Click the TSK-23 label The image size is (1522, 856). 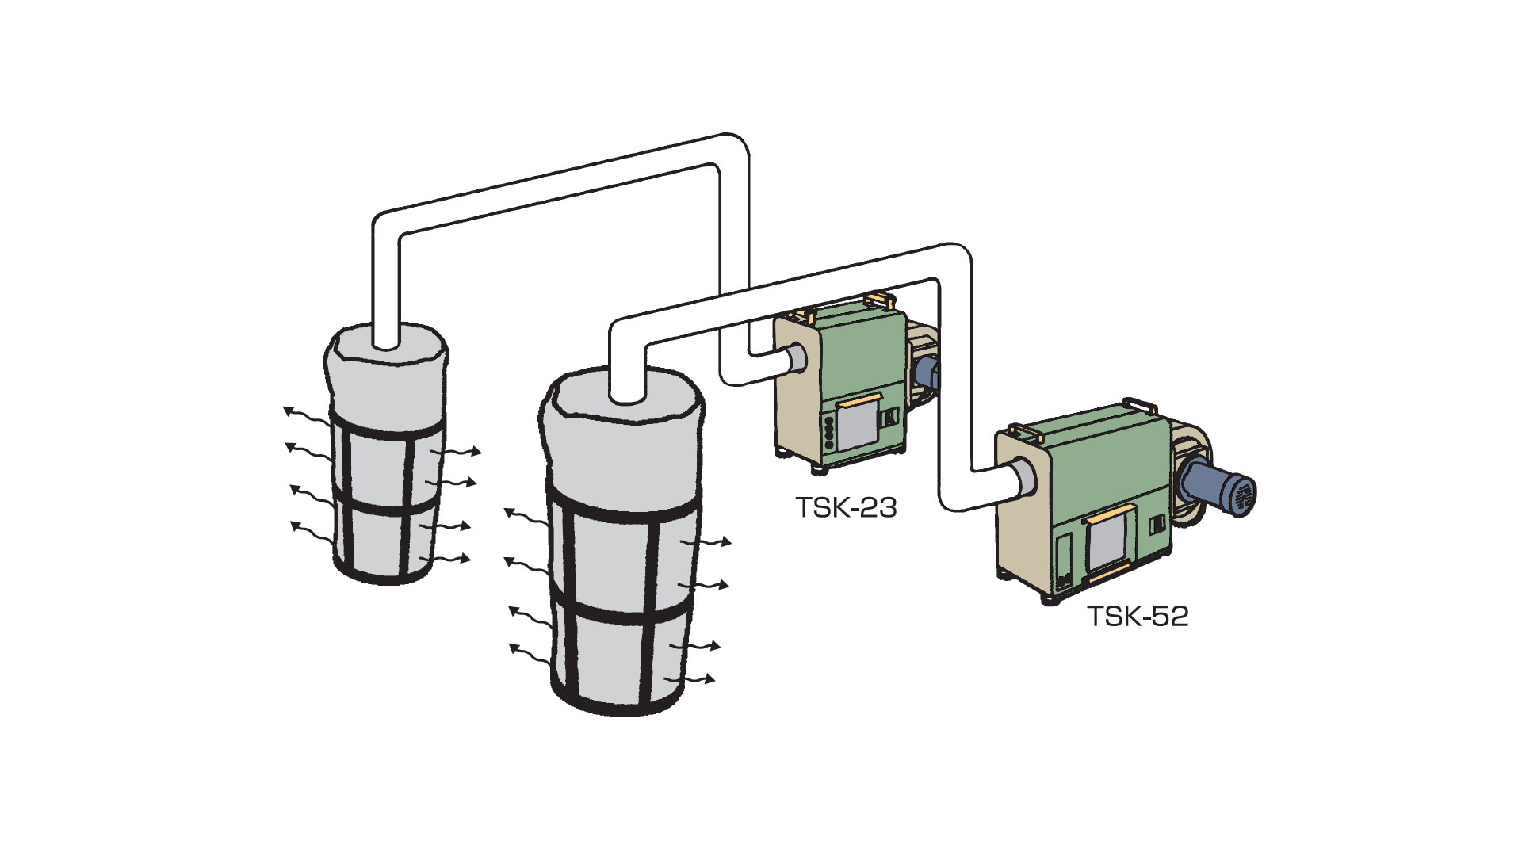coord(846,507)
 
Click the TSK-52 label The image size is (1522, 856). coord(1138,617)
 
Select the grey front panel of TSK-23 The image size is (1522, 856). coord(858,426)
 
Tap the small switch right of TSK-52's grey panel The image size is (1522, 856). coord(1157,524)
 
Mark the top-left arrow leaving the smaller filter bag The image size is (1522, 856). coord(305,415)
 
